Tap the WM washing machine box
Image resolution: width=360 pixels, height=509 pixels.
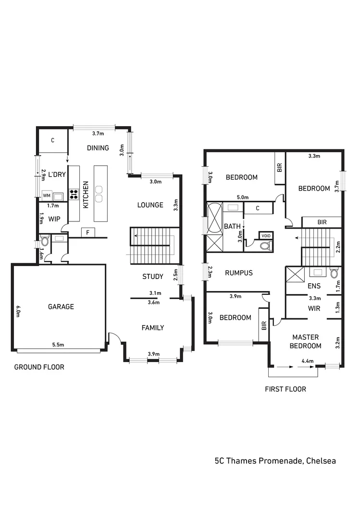(47, 195)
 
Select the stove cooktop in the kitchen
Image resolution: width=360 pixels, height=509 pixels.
(74, 194)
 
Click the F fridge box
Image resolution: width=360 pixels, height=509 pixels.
(88, 232)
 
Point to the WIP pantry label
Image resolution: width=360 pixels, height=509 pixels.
(54, 218)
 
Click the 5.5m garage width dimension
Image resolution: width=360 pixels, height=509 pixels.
(59, 345)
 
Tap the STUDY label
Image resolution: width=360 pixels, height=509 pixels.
(153, 277)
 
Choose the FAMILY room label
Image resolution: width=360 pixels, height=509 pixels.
(153, 327)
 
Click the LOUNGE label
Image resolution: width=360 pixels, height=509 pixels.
(150, 205)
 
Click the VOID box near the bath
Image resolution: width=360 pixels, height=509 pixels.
(265, 236)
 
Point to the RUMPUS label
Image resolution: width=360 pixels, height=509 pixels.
(239, 273)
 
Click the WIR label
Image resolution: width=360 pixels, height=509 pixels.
(314, 308)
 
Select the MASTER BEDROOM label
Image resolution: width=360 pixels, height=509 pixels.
(306, 341)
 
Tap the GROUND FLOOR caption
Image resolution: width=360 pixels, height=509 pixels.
(39, 367)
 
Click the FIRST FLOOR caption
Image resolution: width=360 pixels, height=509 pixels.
(285, 389)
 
